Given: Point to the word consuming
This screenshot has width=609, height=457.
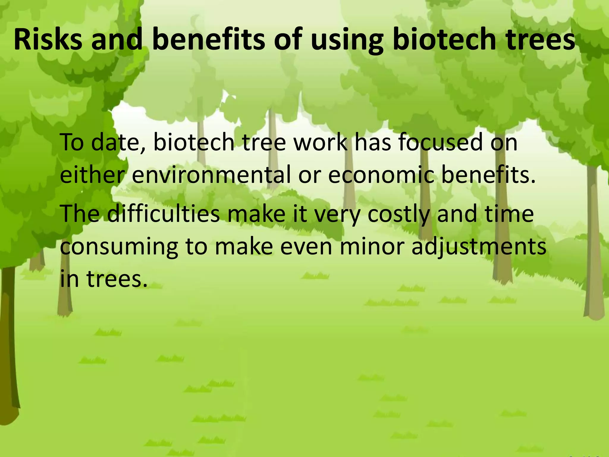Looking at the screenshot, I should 119,247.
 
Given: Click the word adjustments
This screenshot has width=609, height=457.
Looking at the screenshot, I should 479,247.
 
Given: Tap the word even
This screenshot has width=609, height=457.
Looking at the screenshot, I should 306,247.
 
